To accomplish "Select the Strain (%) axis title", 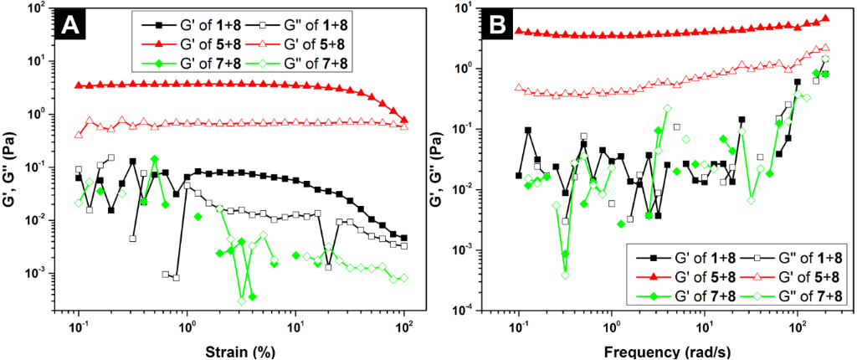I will pyautogui.click(x=242, y=351).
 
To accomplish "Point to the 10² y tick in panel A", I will pyautogui.click(x=37, y=8).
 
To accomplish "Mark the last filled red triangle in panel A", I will pyautogui.click(x=405, y=121).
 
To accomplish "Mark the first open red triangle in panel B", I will pyautogui.click(x=519, y=87).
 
